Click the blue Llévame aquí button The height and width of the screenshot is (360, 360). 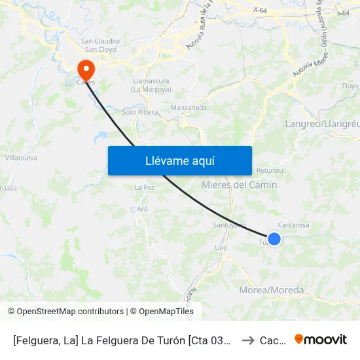179,160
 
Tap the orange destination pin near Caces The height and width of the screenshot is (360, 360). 85,69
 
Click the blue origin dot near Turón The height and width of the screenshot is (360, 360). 274,239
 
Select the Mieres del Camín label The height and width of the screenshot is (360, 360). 240,185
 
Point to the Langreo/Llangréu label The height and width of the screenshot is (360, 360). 322,124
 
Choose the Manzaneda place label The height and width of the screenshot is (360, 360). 189,107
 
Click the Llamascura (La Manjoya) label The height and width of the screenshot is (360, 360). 151,85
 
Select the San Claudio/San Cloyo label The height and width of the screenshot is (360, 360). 99,45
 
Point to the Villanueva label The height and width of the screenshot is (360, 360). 21,158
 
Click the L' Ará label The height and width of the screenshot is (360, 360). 139,209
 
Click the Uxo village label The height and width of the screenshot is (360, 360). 221,248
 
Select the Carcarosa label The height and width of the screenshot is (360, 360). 293,225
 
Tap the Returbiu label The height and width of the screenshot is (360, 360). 270,170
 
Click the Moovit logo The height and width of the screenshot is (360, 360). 321,340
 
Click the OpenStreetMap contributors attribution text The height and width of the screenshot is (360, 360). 67,312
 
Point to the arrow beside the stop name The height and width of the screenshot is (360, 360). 248,340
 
